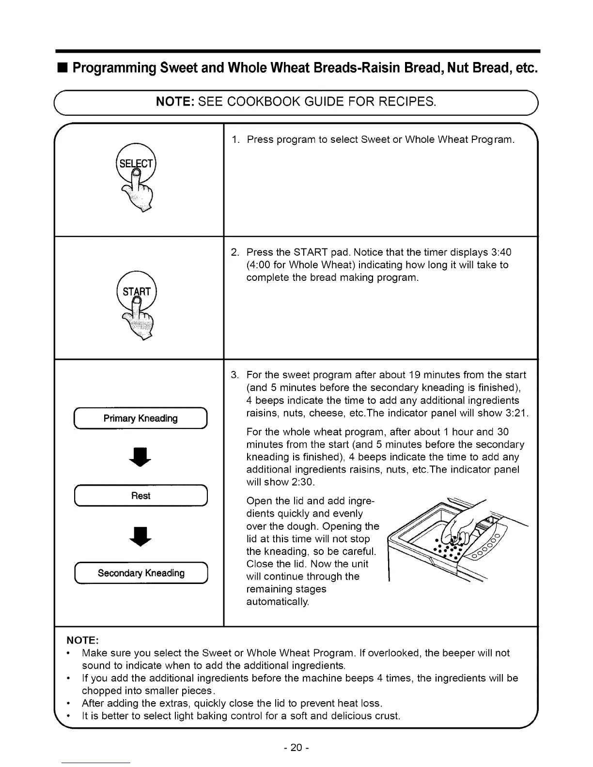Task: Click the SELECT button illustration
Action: pos(137,164)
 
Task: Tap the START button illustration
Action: pos(137,291)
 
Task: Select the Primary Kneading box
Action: pos(140,418)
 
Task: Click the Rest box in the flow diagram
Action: pos(140,496)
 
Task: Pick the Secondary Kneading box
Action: pos(140,573)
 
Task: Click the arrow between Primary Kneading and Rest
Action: pos(141,457)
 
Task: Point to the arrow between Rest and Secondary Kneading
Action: pos(141,535)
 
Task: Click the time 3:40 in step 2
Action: pos(501,252)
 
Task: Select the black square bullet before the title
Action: pos(63,67)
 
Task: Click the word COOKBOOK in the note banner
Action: pos(261,102)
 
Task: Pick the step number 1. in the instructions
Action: pos(235,140)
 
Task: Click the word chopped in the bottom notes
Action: pos(101,690)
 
